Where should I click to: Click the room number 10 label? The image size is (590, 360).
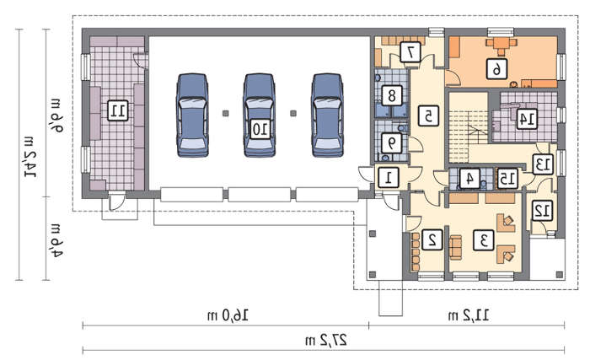click(x=260, y=129)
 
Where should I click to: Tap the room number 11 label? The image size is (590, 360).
click(x=118, y=110)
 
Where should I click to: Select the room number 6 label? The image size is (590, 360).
click(x=496, y=69)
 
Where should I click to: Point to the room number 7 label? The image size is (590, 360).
click(x=410, y=52)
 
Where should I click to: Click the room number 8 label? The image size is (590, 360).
click(x=392, y=95)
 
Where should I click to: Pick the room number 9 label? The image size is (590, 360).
click(x=392, y=143)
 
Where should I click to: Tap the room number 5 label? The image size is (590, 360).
click(x=428, y=116)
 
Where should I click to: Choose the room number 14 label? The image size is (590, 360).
click(x=527, y=119)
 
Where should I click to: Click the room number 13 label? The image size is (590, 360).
click(x=543, y=164)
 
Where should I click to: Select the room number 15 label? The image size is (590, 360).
click(x=507, y=179)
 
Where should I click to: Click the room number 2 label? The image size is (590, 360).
click(x=432, y=239)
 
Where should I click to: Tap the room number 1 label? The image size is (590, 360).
click(x=389, y=178)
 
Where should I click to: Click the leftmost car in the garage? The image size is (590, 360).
click(x=192, y=116)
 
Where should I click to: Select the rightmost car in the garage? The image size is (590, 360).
click(x=327, y=116)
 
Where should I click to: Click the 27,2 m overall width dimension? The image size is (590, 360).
click(x=326, y=341)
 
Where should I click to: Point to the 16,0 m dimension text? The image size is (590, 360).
click(x=228, y=315)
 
